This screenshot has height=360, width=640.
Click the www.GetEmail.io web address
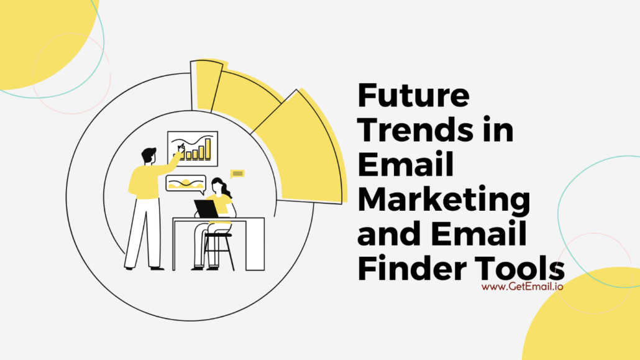coord(522,287)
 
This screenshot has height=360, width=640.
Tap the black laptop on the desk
coord(205,209)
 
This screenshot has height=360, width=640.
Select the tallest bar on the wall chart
coord(208,147)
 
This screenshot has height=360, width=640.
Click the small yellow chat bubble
coord(237,173)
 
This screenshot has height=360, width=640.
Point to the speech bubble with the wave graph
coord(185,183)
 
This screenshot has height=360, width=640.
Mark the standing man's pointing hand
coord(181,147)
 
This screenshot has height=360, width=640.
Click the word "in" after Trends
coord(498,132)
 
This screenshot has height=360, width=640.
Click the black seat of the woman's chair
coord(217,234)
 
